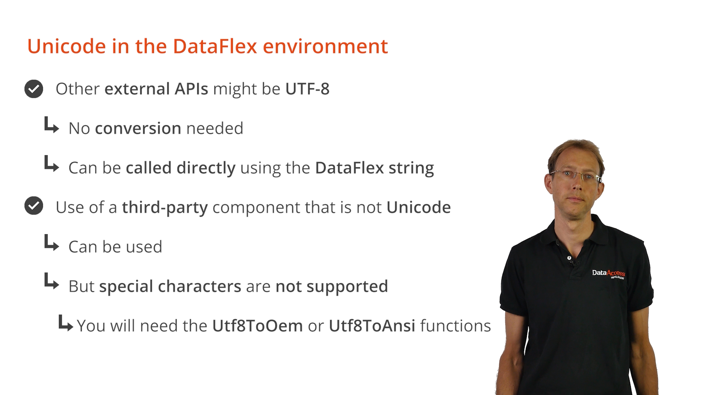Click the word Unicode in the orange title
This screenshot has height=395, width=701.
click(67, 46)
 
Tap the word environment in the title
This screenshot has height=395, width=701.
click(325, 47)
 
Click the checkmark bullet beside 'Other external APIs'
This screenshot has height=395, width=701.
click(34, 89)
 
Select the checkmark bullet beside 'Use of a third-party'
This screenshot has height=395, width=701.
click(34, 206)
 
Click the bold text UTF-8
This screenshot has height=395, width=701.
click(307, 89)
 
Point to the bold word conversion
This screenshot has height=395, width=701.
click(138, 128)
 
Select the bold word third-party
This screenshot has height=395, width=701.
click(165, 208)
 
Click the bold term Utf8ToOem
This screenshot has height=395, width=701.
click(257, 326)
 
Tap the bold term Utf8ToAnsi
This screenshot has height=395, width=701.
click(372, 326)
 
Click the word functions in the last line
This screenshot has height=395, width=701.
click(456, 326)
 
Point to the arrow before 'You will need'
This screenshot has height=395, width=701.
click(66, 323)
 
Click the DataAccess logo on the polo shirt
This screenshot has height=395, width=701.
click(609, 274)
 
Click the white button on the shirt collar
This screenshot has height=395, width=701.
click(569, 258)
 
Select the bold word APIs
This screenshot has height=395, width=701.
click(191, 89)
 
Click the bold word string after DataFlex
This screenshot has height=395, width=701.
click(411, 168)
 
